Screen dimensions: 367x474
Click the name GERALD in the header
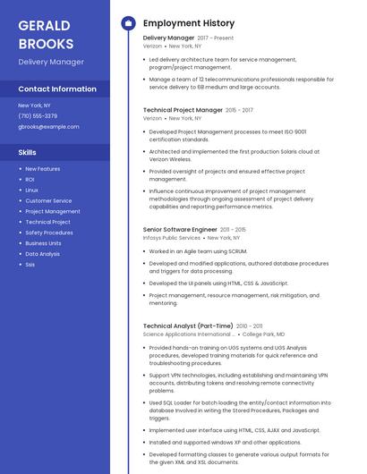(x=44, y=24)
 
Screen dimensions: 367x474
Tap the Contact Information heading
(x=57, y=89)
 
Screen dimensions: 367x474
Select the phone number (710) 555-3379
(x=38, y=116)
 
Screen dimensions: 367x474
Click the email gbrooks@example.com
(x=48, y=127)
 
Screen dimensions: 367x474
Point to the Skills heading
(x=28, y=152)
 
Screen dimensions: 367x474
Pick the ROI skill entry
(x=30, y=180)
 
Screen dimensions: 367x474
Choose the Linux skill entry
(x=31, y=190)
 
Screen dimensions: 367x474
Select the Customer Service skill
(x=48, y=201)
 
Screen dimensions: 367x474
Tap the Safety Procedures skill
(x=49, y=233)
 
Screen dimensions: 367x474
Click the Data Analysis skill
(x=43, y=254)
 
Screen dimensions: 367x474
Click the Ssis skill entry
(x=30, y=265)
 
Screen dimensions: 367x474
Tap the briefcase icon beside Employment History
(x=128, y=23)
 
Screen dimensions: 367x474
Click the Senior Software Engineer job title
(x=180, y=230)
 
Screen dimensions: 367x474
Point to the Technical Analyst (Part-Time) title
(x=188, y=326)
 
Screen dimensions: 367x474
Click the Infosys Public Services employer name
(x=172, y=238)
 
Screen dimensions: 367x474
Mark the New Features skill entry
(x=43, y=169)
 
